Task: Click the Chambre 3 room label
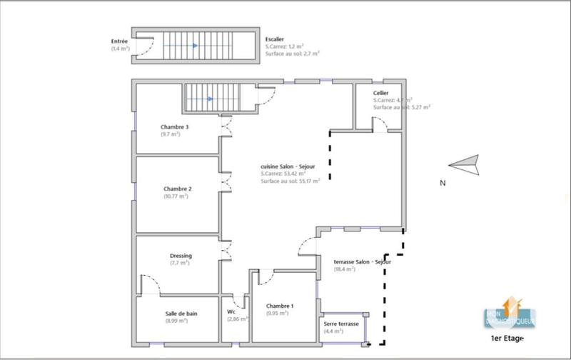point(175,127)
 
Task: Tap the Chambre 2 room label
point(177,189)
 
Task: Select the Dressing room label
point(181,256)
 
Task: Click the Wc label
point(231,311)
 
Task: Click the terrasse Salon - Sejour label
point(362,261)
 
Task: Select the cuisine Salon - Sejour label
point(288,166)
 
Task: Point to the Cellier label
point(381,94)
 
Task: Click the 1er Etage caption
point(507,338)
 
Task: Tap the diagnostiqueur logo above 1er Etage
point(510,313)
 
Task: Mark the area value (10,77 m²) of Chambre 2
point(177,196)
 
